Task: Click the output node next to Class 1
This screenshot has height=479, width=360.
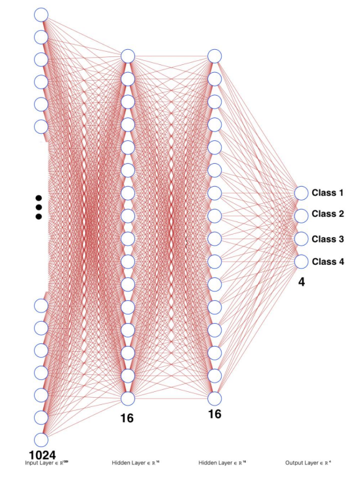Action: click(x=301, y=193)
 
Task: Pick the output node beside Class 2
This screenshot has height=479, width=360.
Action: click(x=301, y=216)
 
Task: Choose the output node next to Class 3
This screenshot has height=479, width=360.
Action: click(x=301, y=239)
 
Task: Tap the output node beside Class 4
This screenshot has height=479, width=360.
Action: click(x=301, y=261)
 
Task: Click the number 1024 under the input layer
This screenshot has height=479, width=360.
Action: click(x=42, y=454)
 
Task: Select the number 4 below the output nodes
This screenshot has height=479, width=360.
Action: click(x=302, y=282)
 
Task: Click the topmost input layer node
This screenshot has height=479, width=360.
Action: click(x=41, y=14)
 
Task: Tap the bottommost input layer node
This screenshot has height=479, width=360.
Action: click(x=41, y=440)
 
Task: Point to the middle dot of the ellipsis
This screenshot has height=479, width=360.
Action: click(x=39, y=207)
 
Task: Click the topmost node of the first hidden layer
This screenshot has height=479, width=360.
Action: click(x=127, y=56)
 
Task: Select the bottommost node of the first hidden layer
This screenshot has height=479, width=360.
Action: click(x=127, y=398)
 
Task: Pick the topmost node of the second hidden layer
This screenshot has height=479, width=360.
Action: click(x=214, y=56)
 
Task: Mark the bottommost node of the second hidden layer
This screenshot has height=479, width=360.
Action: click(x=214, y=398)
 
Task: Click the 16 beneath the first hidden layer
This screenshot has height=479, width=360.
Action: click(x=127, y=417)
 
